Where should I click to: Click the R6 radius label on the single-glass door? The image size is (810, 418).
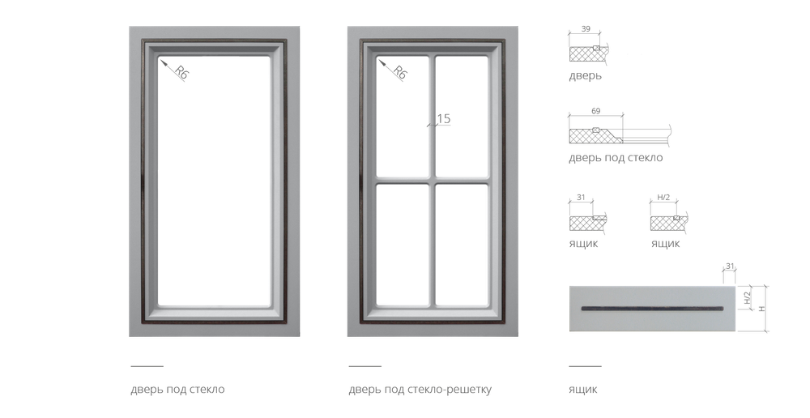pos(181,74)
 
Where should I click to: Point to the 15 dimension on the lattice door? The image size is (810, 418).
pos(443,119)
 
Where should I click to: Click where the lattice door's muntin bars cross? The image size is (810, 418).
pos(432,181)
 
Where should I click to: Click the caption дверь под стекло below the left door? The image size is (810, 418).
pos(177,390)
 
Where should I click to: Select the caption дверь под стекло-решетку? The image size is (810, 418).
pos(420,390)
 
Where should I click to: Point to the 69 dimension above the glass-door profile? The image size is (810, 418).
pos(596,109)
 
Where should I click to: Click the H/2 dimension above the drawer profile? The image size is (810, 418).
pos(662,196)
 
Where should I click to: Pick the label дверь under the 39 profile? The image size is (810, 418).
pos(585,77)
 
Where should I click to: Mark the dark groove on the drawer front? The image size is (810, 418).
pos(652,309)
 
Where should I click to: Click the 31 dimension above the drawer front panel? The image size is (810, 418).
pos(729,265)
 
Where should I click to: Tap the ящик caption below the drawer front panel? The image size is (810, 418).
pos(582,390)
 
